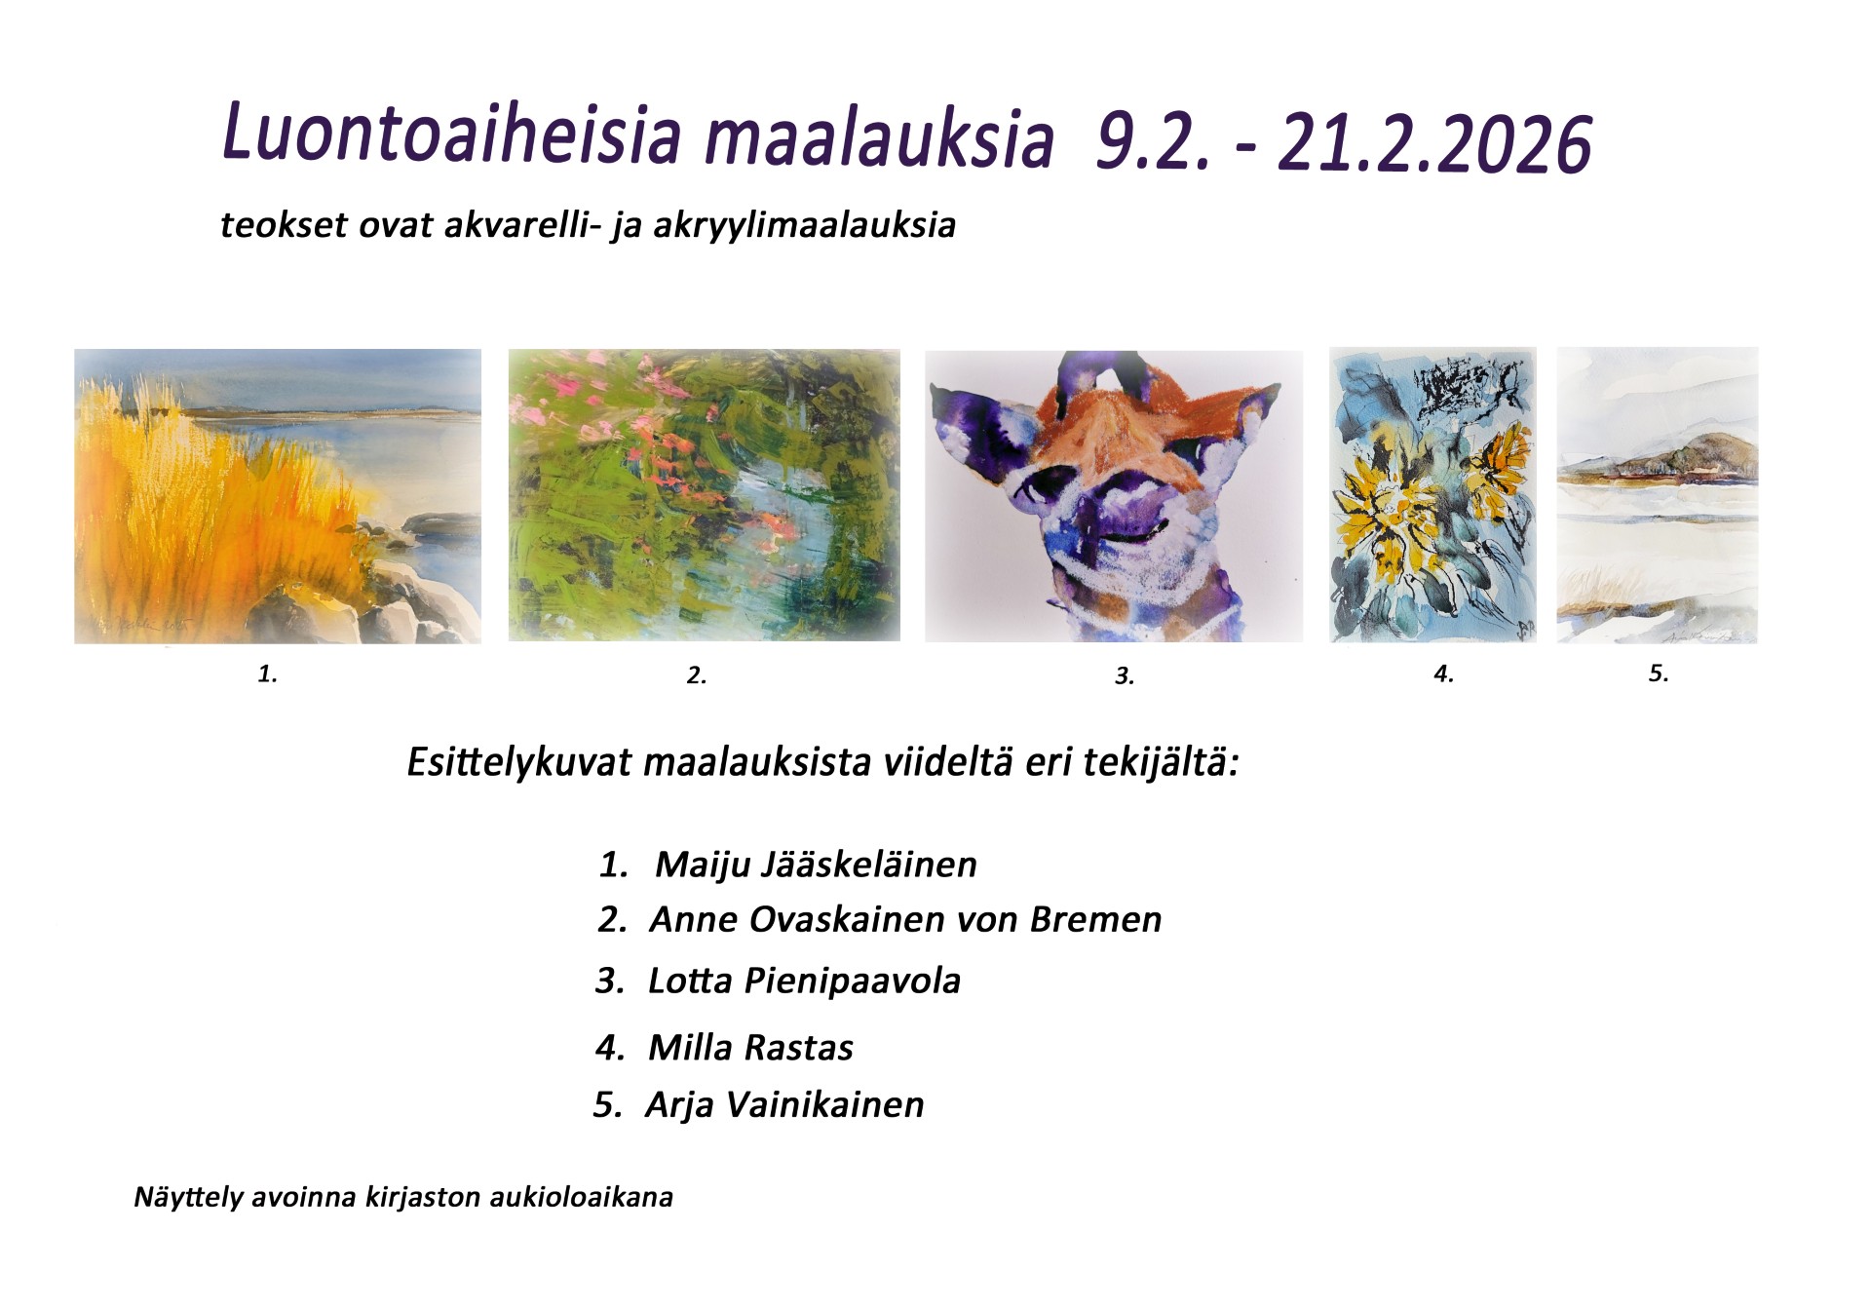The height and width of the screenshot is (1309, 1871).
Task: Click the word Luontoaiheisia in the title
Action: click(451, 133)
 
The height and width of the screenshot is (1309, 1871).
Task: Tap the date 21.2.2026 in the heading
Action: click(1434, 144)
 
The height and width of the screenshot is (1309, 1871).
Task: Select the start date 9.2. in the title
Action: click(1153, 142)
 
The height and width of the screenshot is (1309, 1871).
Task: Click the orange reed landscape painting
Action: click(278, 496)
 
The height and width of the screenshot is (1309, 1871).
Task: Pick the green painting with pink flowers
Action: click(705, 495)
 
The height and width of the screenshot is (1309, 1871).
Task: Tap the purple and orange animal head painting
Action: click(1114, 496)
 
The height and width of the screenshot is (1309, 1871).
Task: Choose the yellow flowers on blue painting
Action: click(1432, 495)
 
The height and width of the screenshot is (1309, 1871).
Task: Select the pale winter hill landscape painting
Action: click(1658, 495)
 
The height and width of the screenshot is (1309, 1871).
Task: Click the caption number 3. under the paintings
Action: click(1125, 675)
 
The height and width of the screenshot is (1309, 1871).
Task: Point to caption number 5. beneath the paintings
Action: click(1659, 673)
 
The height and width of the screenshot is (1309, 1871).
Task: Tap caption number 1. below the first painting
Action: click(267, 673)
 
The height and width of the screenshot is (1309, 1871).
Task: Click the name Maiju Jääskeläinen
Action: click(816, 865)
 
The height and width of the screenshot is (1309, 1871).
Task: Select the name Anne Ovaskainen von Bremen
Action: click(906, 919)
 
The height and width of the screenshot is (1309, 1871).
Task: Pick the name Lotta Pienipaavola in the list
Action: click(805, 981)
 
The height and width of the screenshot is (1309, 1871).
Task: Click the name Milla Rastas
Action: click(751, 1048)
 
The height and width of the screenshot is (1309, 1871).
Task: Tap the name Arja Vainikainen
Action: click(784, 1104)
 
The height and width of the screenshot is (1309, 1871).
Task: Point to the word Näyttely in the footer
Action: click(188, 1197)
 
